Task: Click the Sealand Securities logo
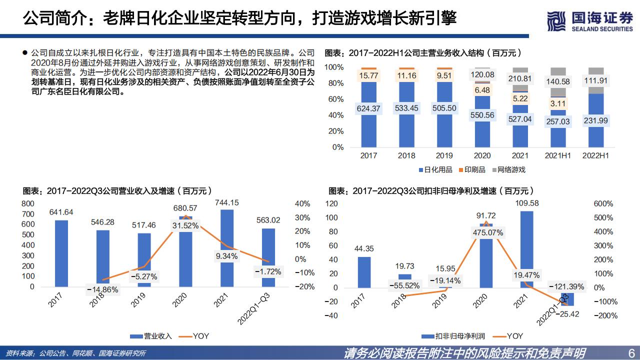pyautogui.click(x=589, y=21)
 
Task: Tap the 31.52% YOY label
pyautogui.click(x=185, y=225)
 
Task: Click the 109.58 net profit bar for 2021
pyautogui.click(x=526, y=249)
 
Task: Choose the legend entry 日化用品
pyautogui.click(x=434, y=169)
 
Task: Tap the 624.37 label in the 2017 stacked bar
pyautogui.click(x=368, y=108)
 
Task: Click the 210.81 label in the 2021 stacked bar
pyautogui.click(x=520, y=78)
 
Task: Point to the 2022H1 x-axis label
pyautogui.click(x=595, y=155)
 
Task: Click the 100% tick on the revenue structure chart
pyautogui.click(x=334, y=67)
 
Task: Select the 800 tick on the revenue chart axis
pyautogui.click(x=28, y=203)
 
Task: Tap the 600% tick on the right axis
pyautogui.click(x=602, y=204)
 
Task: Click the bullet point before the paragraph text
pyautogui.click(x=25, y=52)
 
